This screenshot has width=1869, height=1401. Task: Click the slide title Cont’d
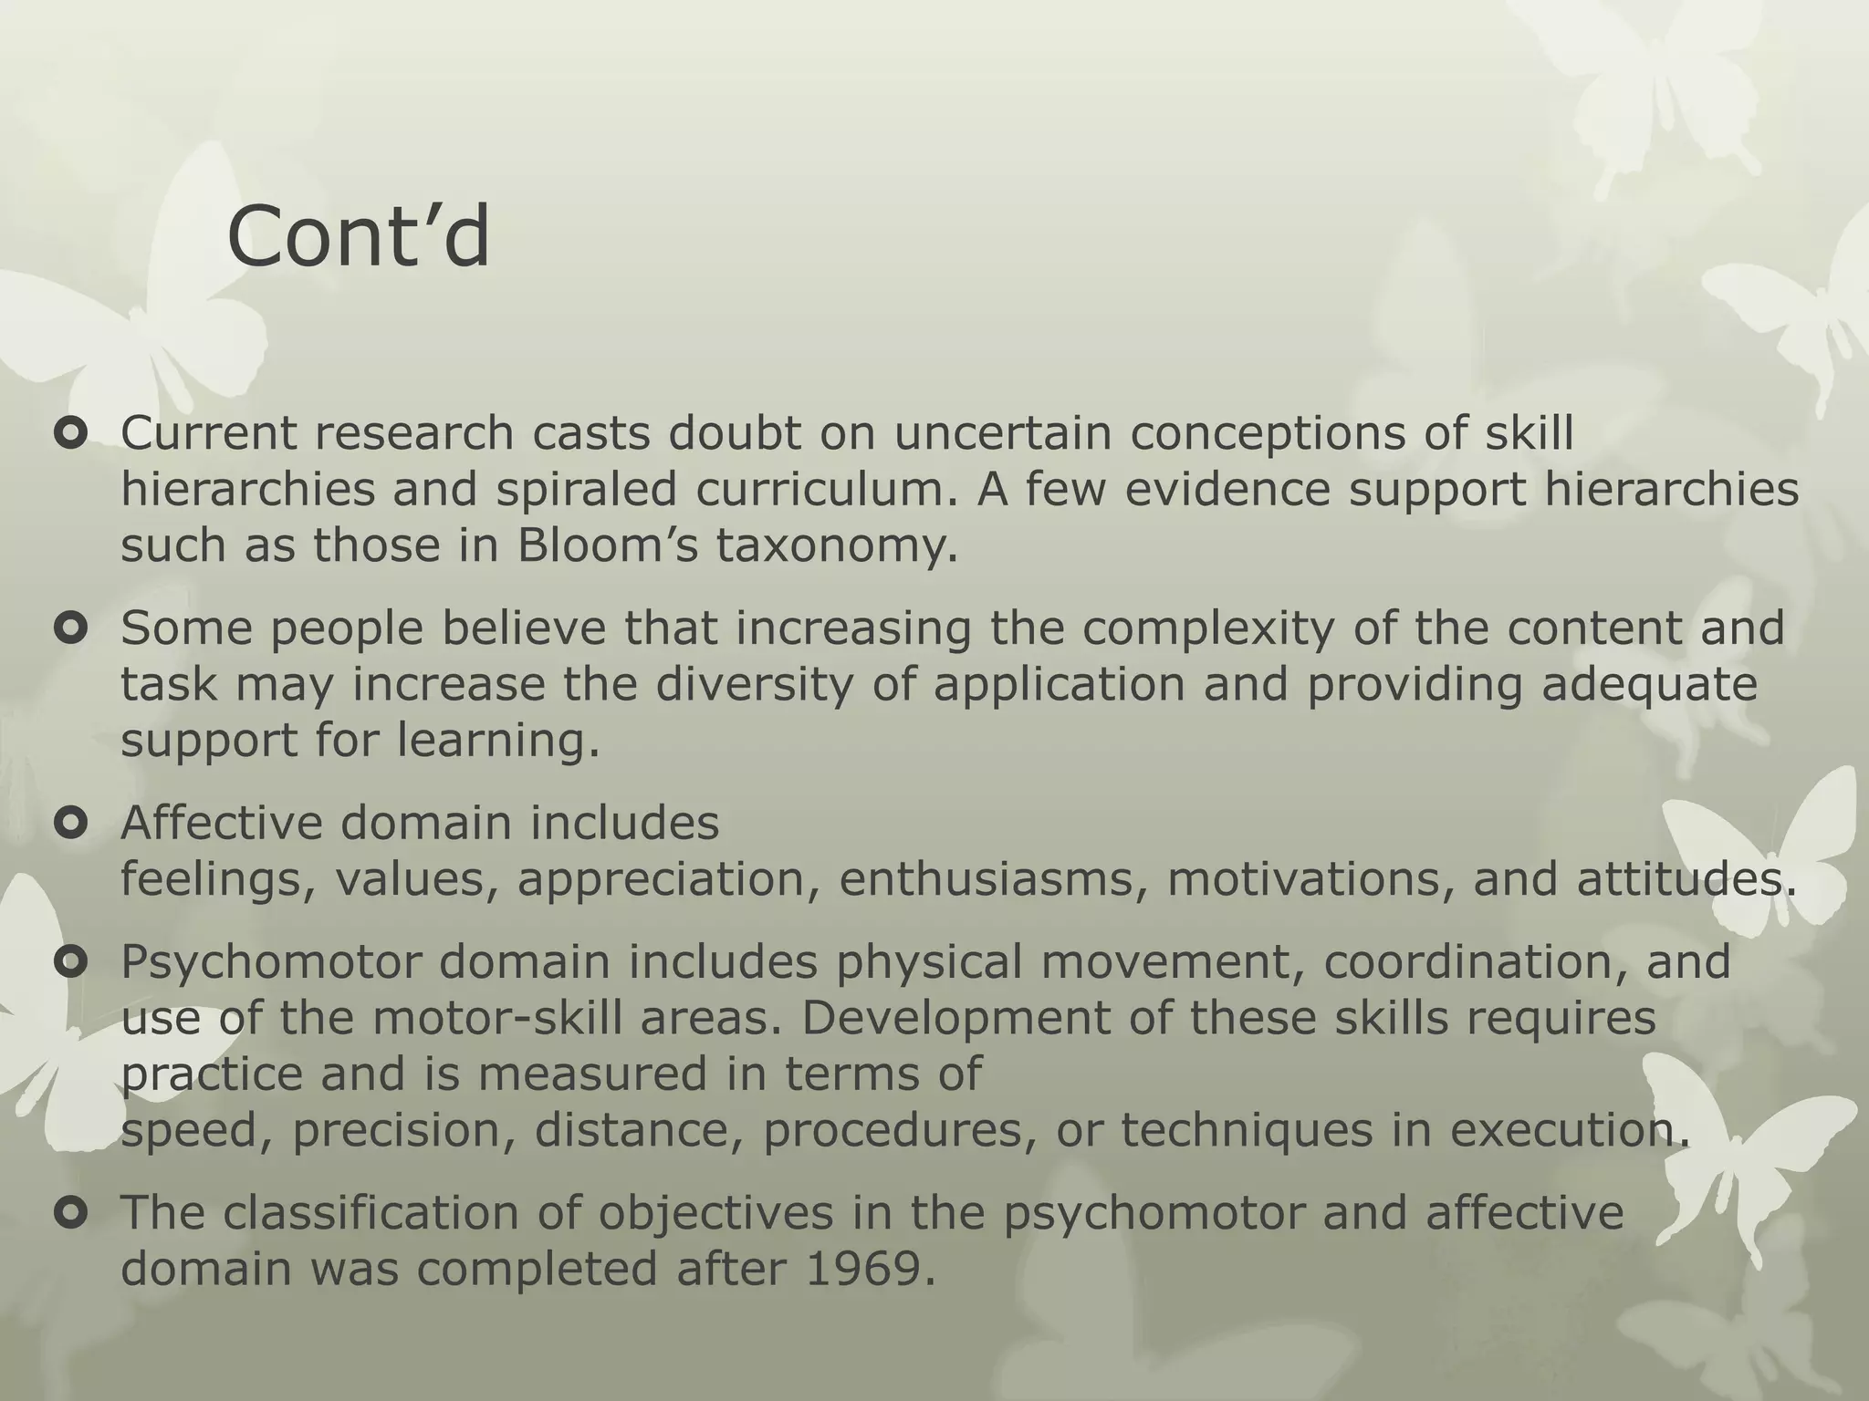coord(358,237)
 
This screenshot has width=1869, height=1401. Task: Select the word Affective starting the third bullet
coord(222,823)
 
